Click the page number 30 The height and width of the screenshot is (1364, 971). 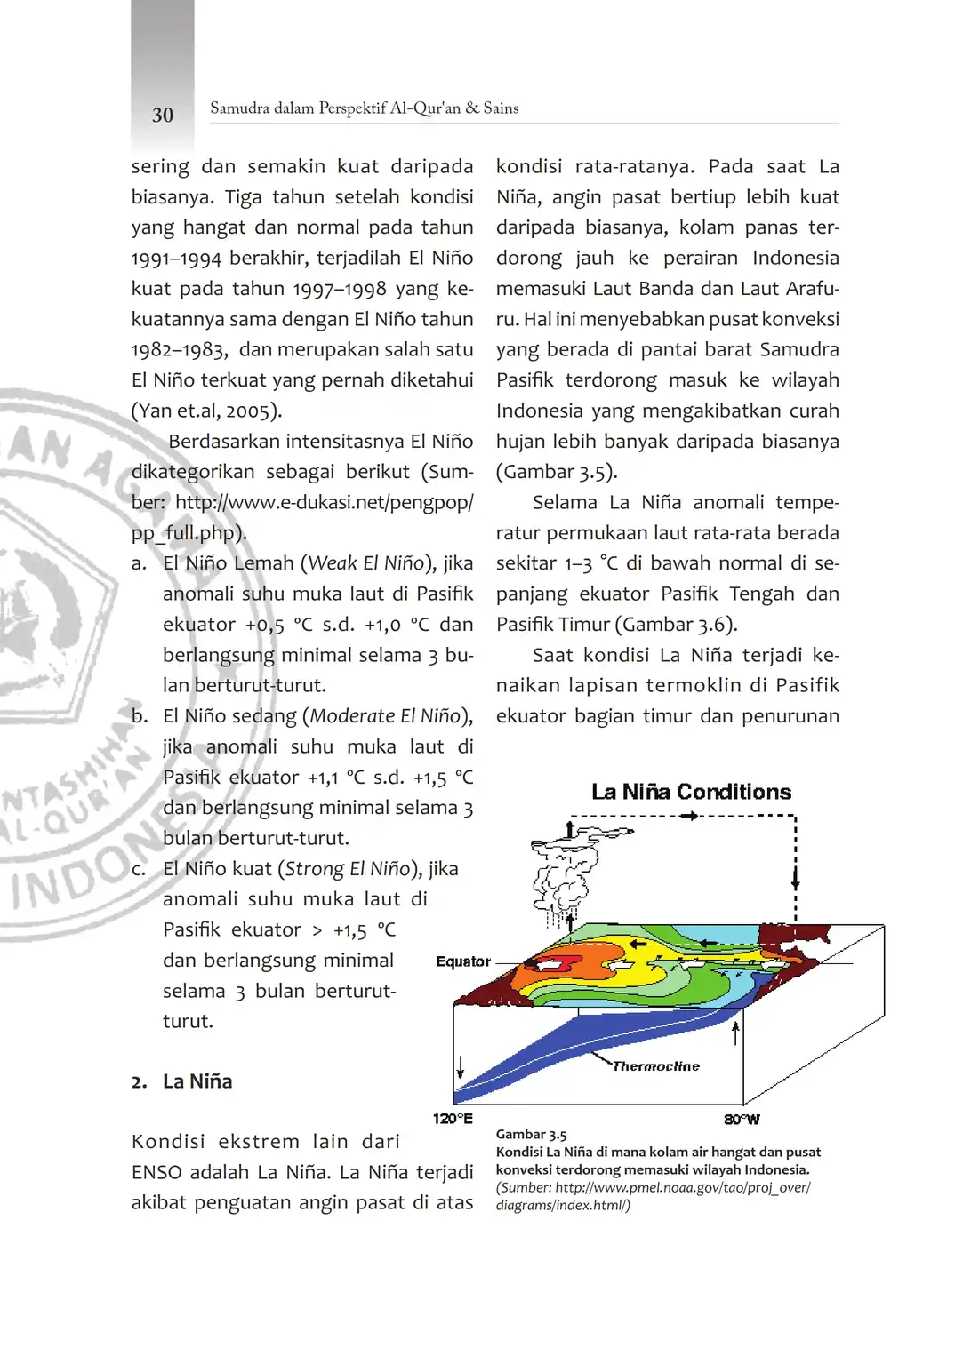coord(163,115)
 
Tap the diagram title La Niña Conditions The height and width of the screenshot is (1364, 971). coord(691,792)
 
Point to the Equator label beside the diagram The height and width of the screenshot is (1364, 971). coord(462,961)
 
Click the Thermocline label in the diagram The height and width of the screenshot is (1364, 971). coord(656,1066)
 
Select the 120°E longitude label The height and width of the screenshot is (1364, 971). coord(453,1119)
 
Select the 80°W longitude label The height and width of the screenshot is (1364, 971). coord(742,1120)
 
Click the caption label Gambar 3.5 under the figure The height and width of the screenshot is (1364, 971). coord(531,1135)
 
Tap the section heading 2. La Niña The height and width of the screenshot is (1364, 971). coord(182,1081)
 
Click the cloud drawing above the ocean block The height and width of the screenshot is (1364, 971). coord(565,875)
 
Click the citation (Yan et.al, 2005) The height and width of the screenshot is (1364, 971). coord(206,411)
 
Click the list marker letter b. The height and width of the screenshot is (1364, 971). coord(139,716)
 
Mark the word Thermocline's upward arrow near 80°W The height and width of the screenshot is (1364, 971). coord(735,1033)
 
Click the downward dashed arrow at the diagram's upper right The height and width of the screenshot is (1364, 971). coord(795,875)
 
